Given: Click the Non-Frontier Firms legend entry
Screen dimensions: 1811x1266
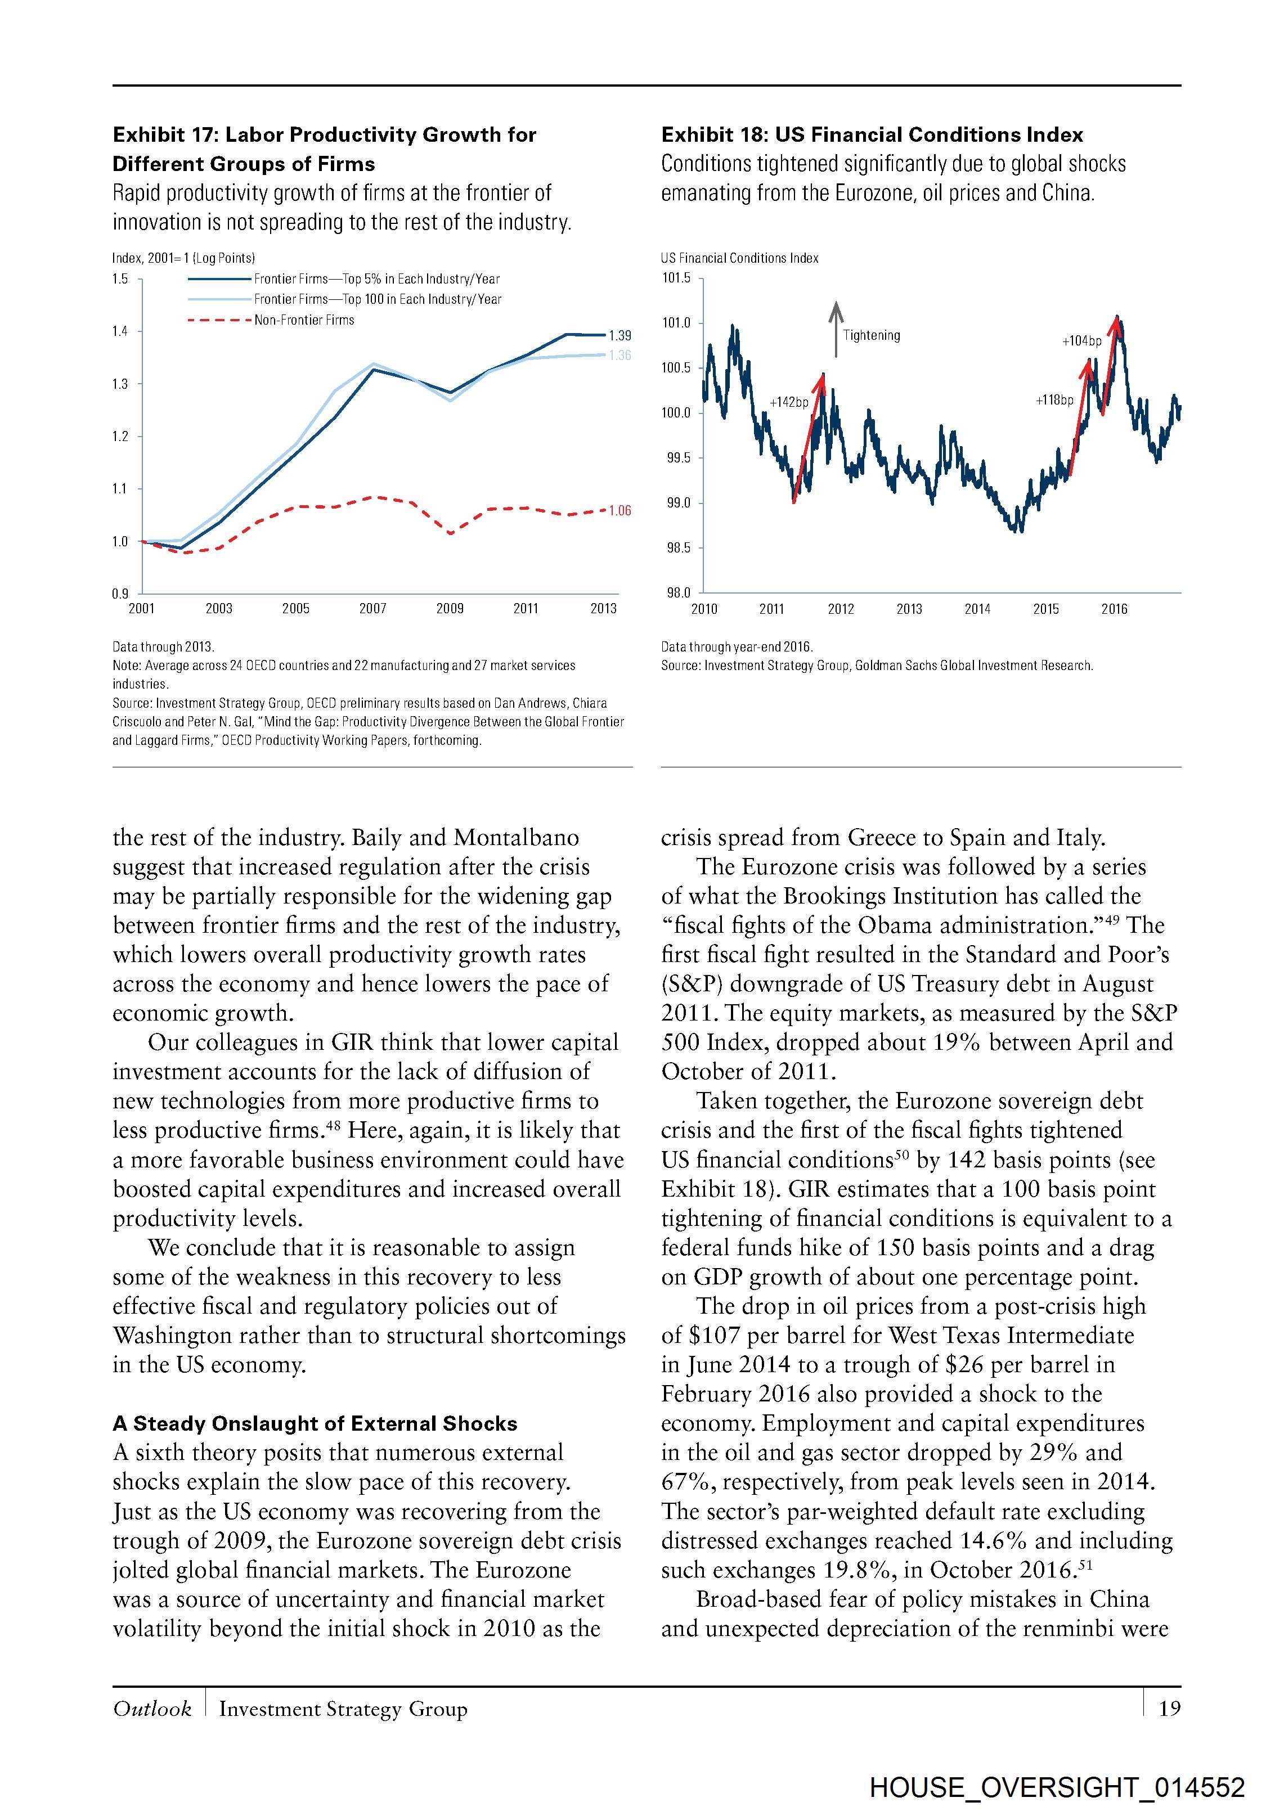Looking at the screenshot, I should [304, 320].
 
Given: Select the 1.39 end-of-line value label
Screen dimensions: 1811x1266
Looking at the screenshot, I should [620, 336].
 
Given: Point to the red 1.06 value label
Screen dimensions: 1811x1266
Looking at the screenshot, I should [620, 511].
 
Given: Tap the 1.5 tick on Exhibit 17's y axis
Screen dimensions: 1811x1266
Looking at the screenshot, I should [120, 278].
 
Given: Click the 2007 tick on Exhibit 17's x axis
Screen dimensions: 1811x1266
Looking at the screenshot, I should [373, 608].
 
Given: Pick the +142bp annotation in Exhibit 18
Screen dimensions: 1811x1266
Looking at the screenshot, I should [789, 403].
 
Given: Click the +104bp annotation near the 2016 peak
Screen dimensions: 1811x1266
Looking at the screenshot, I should [1081, 341].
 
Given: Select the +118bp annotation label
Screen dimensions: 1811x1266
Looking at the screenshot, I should [1054, 401].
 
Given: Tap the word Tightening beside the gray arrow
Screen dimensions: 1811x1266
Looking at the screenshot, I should [871, 335].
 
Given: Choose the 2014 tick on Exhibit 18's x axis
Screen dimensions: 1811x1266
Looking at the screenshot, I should [977, 609].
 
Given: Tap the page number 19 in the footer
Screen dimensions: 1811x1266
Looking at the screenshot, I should [1169, 1709].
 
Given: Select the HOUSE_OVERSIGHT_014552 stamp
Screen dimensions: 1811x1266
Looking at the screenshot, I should [1057, 1787].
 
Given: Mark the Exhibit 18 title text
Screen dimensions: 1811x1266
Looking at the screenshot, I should [872, 135].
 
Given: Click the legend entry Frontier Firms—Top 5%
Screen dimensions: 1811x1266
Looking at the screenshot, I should [376, 279].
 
